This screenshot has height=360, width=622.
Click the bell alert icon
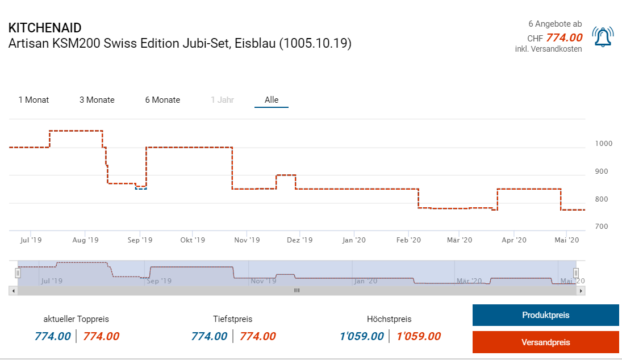[x=602, y=37]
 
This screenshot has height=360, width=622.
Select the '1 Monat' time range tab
[x=34, y=100]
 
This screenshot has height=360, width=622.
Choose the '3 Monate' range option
[x=97, y=100]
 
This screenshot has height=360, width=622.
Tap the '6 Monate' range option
[x=162, y=100]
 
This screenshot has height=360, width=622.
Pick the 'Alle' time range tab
[x=272, y=100]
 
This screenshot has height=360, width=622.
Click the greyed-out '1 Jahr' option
[x=222, y=100]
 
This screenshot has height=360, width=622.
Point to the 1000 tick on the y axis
[x=603, y=144]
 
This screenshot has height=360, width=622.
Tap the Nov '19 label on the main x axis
[x=247, y=240]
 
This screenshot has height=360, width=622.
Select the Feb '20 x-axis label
[x=408, y=240]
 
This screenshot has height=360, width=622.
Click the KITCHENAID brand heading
[x=45, y=28]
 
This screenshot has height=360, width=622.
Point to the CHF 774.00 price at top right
[x=563, y=38]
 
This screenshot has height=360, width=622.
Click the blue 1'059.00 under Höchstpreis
[x=361, y=336]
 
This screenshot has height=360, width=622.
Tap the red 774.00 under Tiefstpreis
[x=257, y=336]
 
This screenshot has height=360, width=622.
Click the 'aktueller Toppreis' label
[x=76, y=319]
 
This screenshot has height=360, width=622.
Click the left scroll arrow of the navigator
[x=12, y=290]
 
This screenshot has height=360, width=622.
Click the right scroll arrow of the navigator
[x=581, y=290]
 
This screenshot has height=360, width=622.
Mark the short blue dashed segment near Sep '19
[x=140, y=188]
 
